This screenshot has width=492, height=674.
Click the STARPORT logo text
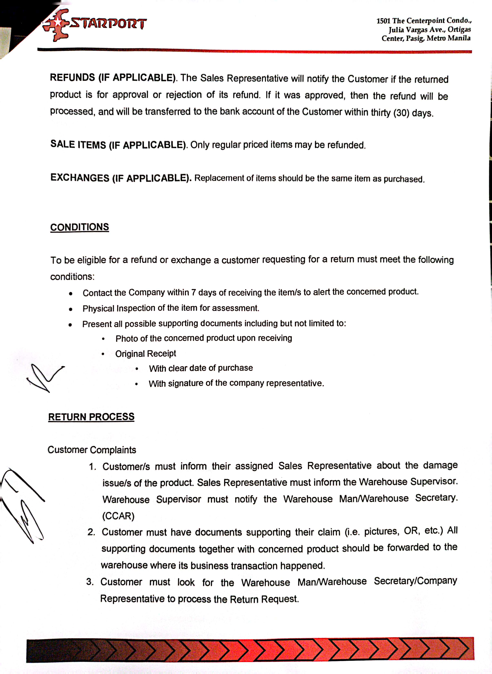tap(108, 23)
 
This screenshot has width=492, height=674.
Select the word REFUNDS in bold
tap(72, 78)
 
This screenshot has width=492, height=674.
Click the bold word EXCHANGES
tap(80, 178)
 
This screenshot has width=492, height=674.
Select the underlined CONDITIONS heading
tap(80, 227)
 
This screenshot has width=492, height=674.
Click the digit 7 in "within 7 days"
tap(194, 293)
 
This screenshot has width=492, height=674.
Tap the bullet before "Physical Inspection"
tap(70, 309)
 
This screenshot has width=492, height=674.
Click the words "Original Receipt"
tap(146, 354)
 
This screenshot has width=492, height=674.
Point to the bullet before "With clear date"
tap(137, 369)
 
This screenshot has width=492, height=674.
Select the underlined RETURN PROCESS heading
tap(91, 417)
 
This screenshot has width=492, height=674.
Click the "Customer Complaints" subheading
tap(92, 450)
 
